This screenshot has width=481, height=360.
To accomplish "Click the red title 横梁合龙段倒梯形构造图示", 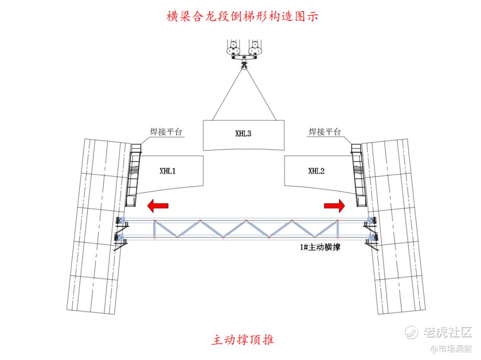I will pos(241,17).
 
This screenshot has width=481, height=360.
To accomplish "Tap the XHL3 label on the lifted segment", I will pos(243,133).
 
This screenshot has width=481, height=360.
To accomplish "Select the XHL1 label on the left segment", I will pos(167,171).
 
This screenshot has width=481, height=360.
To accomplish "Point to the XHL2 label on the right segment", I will pos(317,171).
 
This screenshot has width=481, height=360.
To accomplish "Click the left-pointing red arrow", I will pos(158,205).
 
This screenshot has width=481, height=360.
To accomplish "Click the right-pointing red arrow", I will pos(334,205).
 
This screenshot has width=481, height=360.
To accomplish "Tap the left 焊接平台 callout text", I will pos(166,132).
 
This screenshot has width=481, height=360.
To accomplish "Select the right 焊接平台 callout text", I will pos(325,132).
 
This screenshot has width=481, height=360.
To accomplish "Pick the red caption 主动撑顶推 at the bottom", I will pos(243,340).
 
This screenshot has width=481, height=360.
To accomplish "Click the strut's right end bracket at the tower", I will pos(371,230).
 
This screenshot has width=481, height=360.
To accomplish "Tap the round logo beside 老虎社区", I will pos(412,332).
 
